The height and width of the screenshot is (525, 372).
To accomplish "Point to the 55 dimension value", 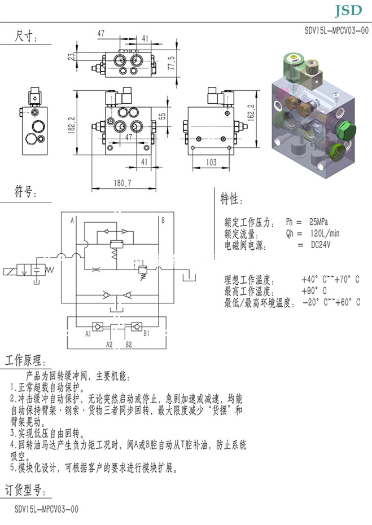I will [163, 117].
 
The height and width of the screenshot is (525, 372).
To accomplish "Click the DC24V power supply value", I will [321, 245].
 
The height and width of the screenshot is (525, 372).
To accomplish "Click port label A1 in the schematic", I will [88, 334].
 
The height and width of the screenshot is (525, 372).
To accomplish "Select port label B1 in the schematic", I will [146, 334].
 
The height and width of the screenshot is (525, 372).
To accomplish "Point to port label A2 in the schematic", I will [110, 343].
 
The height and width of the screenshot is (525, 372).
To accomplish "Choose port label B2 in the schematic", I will [129, 343].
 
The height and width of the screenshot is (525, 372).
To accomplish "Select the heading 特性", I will [231, 199].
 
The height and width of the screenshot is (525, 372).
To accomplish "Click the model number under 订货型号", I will [47, 509].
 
